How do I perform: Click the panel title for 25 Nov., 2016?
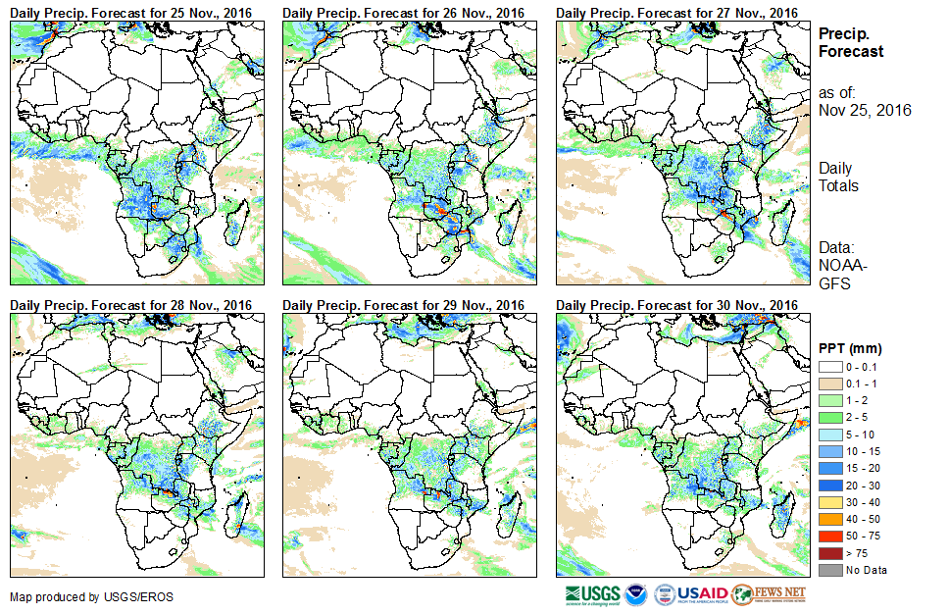coord(131,12)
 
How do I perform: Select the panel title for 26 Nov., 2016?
coord(404,12)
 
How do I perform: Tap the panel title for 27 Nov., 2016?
coord(676,12)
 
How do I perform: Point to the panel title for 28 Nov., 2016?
coord(131,305)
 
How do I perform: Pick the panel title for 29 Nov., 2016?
coord(404,305)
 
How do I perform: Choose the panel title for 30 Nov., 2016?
coord(676,305)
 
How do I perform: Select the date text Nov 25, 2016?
coord(865,110)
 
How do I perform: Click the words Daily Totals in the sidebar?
coord(838,177)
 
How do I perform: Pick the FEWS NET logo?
coord(769,594)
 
